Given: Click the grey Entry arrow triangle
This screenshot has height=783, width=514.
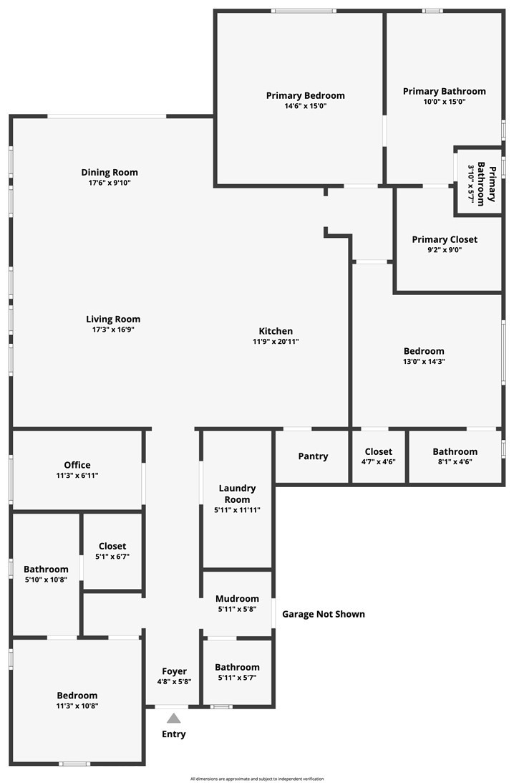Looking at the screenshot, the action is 174,719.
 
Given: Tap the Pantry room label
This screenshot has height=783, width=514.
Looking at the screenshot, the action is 313,456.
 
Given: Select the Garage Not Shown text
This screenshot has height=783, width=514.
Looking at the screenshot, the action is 324,614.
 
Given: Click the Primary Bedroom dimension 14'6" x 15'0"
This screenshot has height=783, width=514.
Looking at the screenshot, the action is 306,106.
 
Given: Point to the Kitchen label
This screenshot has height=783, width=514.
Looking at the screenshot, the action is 276,331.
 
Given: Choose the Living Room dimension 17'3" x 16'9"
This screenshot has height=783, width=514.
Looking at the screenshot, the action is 113,330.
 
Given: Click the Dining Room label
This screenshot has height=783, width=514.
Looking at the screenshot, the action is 110,172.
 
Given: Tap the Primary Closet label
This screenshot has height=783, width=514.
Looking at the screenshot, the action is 445,240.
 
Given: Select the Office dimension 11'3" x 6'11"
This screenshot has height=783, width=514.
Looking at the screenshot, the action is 77,476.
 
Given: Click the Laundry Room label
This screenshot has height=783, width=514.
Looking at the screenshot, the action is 237,494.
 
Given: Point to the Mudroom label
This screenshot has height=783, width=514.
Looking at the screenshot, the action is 237,599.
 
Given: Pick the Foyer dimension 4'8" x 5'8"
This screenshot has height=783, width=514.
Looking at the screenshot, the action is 174,681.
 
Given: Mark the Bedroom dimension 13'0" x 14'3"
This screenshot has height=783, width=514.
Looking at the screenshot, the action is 425,362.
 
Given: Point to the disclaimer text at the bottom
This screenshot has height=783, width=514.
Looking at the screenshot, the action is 257,779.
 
